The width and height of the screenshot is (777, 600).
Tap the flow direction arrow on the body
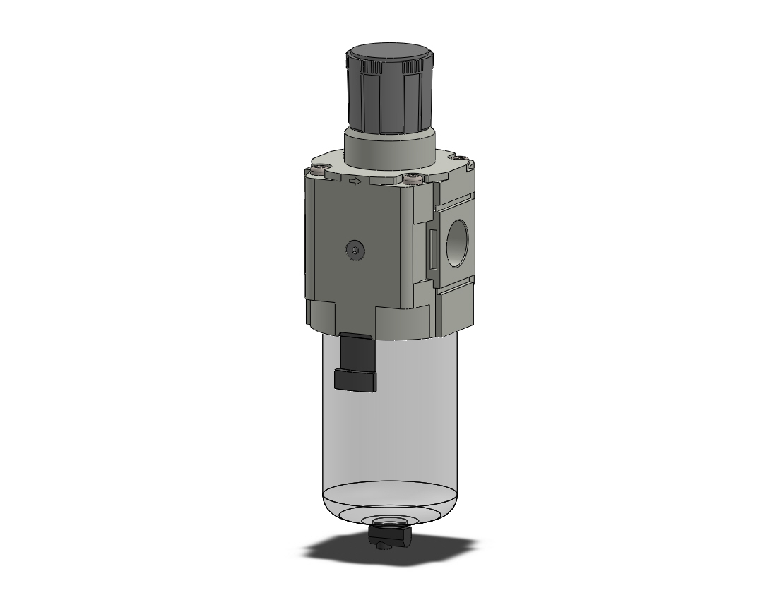pos(355,182)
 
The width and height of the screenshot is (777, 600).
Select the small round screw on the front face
pos(355,250)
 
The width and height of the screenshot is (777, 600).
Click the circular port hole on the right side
pos(456,243)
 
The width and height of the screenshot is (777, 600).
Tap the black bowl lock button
pos(355,360)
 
